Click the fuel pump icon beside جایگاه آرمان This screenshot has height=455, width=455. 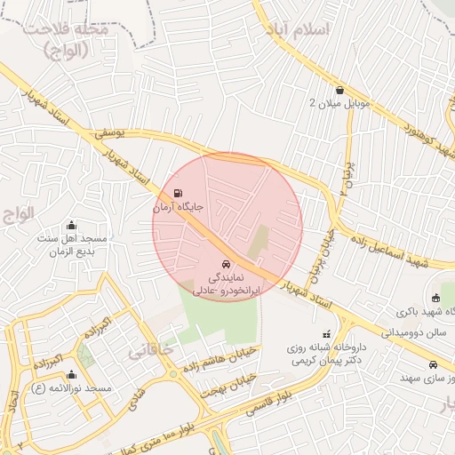tap(180, 193)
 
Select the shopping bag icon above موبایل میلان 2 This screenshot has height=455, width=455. tap(340, 89)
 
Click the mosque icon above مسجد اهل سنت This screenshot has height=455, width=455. tap(72, 225)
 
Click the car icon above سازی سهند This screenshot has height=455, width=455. tap(433, 365)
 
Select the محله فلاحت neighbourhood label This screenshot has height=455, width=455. tap(67, 39)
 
